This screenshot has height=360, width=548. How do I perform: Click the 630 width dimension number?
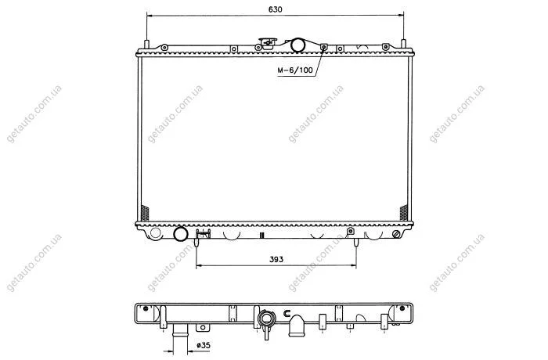(275, 9)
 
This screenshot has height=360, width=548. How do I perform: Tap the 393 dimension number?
(276, 259)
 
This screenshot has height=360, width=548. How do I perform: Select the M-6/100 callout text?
(295, 70)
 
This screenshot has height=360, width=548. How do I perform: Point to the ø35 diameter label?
(204, 345)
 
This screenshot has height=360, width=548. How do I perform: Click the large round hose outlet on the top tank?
(298, 45)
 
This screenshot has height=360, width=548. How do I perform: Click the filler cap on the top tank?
(268, 42)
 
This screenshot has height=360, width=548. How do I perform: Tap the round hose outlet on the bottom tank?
(181, 234)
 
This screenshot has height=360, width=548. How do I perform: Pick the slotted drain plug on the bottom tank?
(396, 234)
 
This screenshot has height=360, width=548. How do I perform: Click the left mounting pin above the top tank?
(147, 45)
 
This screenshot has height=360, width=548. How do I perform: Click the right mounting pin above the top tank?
(404, 45)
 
